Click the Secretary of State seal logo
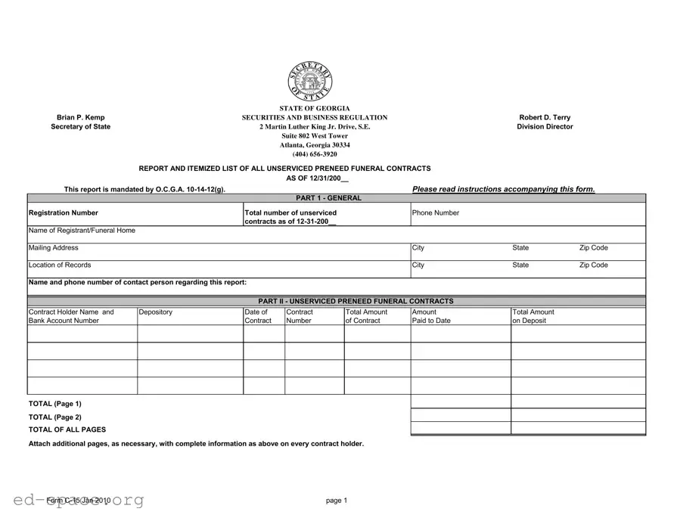coord(309,82)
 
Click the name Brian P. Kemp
coord(81,118)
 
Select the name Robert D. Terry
coord(545,118)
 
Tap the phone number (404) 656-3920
coord(315,154)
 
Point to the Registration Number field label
coord(63,213)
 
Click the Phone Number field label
coord(436,213)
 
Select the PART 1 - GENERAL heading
coord(329,198)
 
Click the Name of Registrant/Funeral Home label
coord(82,231)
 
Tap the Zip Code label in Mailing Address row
coord(593,248)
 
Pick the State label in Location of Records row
coord(520,265)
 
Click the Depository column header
coord(156,312)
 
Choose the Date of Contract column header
coord(256,316)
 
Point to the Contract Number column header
coord(300,316)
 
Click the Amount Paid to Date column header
coord(431,316)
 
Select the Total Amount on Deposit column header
coord(533,316)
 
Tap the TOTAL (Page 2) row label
coord(54,417)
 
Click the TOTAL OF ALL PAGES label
coord(67,430)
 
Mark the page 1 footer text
coord(337,501)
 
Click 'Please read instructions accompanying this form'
coord(504,189)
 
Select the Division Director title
coord(545,127)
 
